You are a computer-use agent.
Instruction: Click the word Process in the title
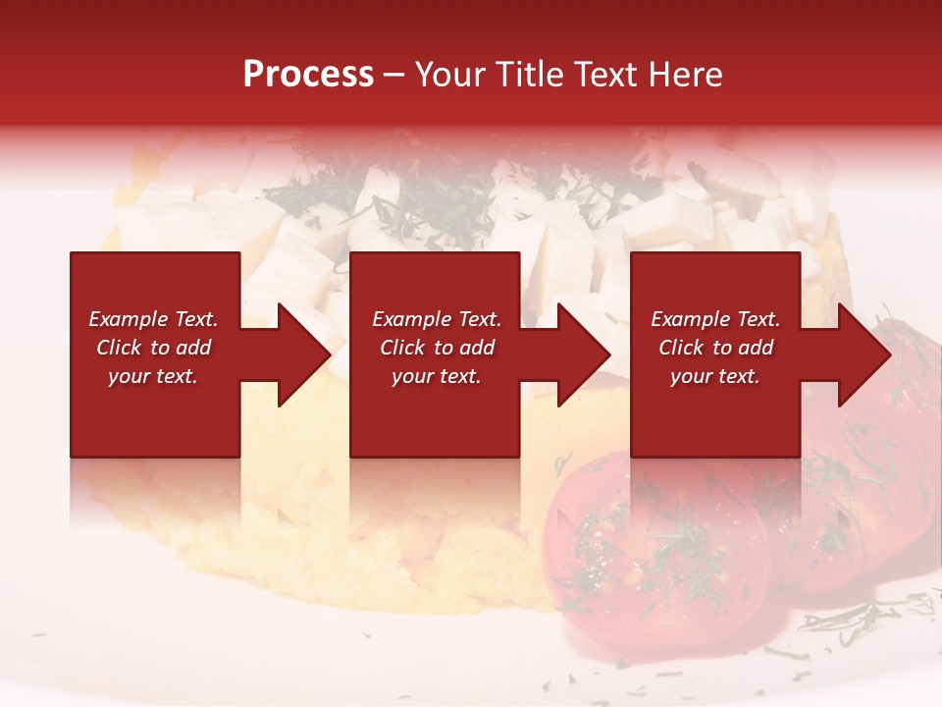tap(308, 75)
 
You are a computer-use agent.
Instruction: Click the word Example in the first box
tap(125, 319)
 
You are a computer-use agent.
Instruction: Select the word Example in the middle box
tap(408, 319)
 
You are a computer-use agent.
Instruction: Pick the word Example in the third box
tap(687, 319)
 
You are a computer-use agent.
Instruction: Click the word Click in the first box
tap(120, 348)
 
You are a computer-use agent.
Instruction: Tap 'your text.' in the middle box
tap(436, 376)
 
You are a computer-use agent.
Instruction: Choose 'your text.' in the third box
tap(714, 376)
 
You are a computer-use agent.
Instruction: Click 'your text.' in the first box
tap(152, 376)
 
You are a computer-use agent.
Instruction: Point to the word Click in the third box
tap(682, 348)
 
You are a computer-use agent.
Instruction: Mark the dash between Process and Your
tap(393, 76)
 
